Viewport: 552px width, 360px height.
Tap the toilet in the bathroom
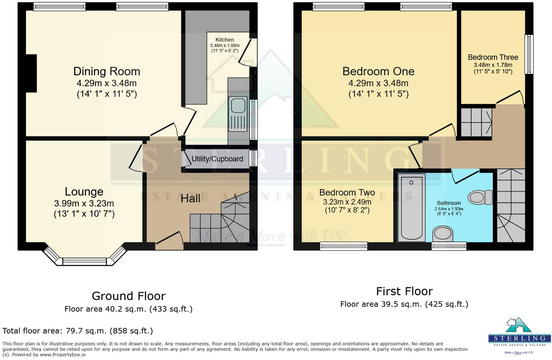[x=481, y=197]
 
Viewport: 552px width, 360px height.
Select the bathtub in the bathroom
[x=412, y=207]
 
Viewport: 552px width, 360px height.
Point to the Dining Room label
[x=107, y=71]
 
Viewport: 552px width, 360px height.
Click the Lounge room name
[x=84, y=191]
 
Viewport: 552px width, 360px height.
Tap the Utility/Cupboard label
[x=217, y=159]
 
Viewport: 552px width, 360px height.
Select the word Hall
[x=190, y=198]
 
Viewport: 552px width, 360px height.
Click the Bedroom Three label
[x=493, y=57]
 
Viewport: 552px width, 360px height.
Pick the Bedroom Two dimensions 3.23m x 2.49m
[x=347, y=202]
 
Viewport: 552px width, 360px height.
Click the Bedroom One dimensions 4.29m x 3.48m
[x=378, y=83]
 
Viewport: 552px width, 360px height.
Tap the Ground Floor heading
[x=128, y=296]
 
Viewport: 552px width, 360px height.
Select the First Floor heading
[x=404, y=291]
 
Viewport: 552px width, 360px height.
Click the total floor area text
[x=77, y=330]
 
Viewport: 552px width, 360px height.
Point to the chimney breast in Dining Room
[x=31, y=73]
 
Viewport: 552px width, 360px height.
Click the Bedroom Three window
[x=529, y=54]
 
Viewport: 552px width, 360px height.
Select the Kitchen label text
[x=225, y=39]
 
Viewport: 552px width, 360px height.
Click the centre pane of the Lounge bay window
[x=84, y=262]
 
